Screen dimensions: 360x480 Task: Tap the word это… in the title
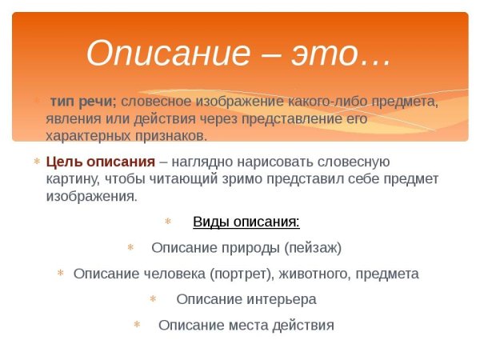(346, 53)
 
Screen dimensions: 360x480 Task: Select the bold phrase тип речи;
(83, 102)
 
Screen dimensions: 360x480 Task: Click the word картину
(73, 178)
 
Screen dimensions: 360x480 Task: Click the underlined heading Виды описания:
(246, 222)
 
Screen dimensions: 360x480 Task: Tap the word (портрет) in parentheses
(243, 274)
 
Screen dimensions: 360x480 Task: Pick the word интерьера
(277, 299)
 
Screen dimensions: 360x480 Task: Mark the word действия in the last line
(303, 325)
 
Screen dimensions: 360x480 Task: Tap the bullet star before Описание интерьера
(153, 299)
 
